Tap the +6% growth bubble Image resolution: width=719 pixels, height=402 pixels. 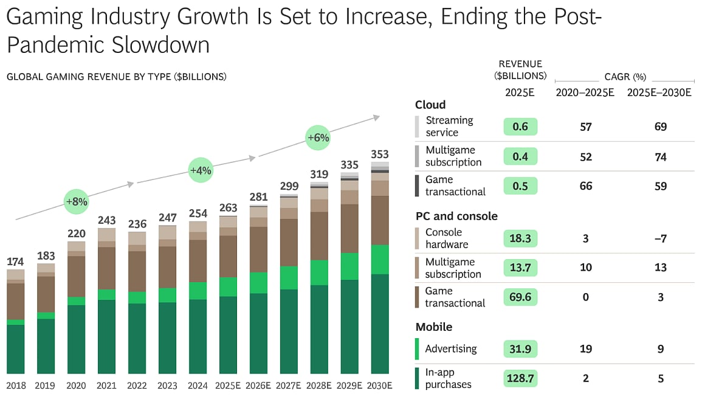pyautogui.click(x=318, y=138)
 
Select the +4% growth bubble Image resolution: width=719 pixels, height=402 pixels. pyautogui.click(x=200, y=170)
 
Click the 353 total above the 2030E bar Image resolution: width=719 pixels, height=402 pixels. pyautogui.click(x=379, y=154)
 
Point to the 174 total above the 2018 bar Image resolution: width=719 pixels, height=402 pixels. pyautogui.click(x=15, y=262)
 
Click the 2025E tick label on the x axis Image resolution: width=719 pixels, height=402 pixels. pyautogui.click(x=228, y=386)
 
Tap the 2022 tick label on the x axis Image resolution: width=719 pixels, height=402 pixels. pyautogui.click(x=137, y=386)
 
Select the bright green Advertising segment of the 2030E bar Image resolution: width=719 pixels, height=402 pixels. pyautogui.click(x=379, y=260)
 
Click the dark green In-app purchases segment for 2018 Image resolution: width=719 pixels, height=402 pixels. pyautogui.click(x=15, y=349)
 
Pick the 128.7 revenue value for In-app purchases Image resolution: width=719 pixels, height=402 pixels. pyautogui.click(x=520, y=378)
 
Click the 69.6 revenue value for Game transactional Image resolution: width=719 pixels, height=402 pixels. pyautogui.click(x=520, y=297)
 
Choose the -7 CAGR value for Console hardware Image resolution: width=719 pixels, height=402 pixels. pyautogui.click(x=660, y=238)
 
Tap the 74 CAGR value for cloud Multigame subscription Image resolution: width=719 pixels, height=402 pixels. pyautogui.click(x=660, y=157)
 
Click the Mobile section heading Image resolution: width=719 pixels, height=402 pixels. pyautogui.click(x=434, y=327)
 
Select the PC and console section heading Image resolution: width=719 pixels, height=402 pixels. pyautogui.click(x=456, y=216)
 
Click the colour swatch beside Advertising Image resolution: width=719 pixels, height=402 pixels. pyautogui.click(x=417, y=349)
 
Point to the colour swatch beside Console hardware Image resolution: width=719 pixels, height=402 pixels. pyautogui.click(x=417, y=238)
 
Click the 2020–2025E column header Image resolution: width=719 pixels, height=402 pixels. pyautogui.click(x=585, y=92)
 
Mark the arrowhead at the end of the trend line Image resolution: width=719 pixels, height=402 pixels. pyautogui.click(x=377, y=116)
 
